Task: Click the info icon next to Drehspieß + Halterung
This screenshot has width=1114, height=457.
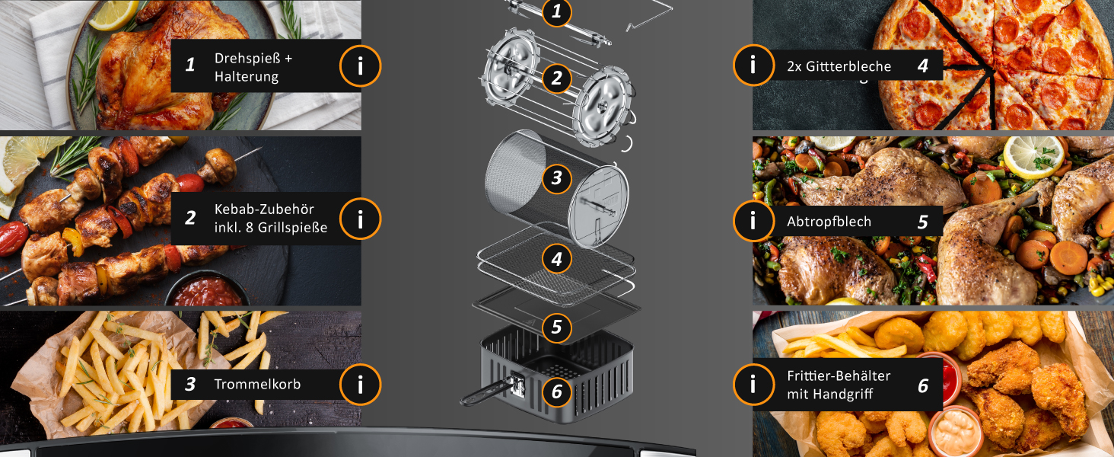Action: pos(360,66)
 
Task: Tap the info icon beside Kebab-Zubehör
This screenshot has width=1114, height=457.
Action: pos(360,219)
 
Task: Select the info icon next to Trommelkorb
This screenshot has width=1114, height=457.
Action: pos(360,385)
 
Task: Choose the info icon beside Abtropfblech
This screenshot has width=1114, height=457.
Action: pos(753,221)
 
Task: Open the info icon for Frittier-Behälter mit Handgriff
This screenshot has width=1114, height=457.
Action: pos(753,385)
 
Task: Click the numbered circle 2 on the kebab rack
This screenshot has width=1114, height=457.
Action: pos(556,78)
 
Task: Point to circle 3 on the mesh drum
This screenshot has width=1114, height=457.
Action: pos(556,178)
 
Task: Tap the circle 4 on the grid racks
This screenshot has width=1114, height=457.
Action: pos(556,259)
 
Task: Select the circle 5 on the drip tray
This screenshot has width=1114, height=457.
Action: pos(556,328)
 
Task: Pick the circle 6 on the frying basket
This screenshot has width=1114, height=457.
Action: pos(556,391)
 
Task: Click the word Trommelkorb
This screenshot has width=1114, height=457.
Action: pos(258,385)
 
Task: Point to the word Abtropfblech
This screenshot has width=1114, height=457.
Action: pos(829,222)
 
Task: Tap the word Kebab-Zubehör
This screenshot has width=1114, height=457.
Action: pos(264,209)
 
